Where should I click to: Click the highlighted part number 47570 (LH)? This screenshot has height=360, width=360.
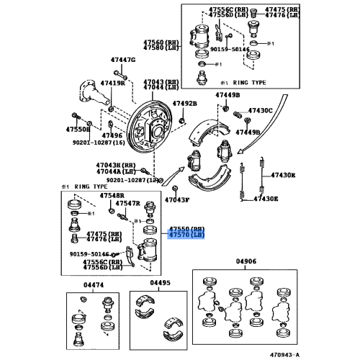185,234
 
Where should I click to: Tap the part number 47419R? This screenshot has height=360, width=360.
112,84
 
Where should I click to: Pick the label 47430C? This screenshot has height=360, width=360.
261,110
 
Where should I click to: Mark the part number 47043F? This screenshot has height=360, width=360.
176,199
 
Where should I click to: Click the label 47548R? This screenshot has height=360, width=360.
112,195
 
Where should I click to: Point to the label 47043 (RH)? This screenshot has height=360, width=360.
161,81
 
